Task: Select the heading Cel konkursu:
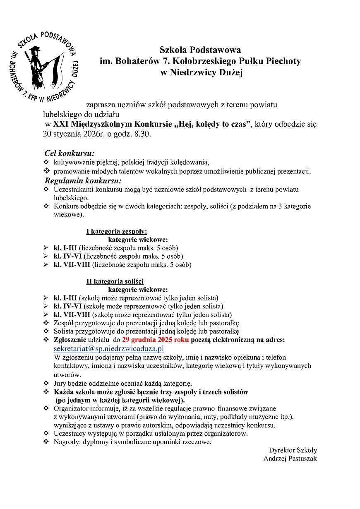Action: (x=70, y=154)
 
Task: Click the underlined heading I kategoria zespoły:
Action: (x=116, y=231)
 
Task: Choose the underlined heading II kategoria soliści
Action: (x=115, y=281)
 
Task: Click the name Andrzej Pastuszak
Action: (x=290, y=459)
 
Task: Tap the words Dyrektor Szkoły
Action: (x=293, y=450)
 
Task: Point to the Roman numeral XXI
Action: (x=60, y=124)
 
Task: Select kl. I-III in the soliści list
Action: (x=65, y=298)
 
